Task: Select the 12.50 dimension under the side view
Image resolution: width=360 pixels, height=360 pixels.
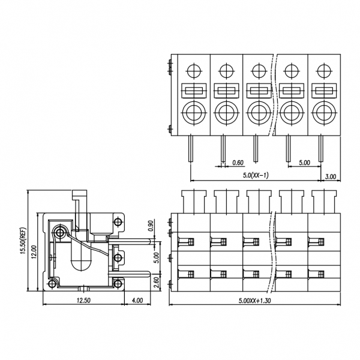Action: [83, 300]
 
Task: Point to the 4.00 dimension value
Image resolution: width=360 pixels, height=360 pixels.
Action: [137, 300]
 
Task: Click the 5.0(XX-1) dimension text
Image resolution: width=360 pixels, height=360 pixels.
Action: [256, 175]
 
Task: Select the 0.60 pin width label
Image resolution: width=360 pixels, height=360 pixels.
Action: [238, 162]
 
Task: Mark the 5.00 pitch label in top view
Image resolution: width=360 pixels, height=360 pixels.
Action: [304, 162]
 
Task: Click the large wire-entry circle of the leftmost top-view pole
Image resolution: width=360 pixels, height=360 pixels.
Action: [194, 112]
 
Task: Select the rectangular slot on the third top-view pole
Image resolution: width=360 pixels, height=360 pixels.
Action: [259, 91]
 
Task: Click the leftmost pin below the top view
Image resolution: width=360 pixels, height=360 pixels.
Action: [191, 148]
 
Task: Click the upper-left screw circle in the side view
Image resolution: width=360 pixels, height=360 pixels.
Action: [61, 232]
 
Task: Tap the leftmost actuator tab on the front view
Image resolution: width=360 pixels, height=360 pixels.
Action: [192, 200]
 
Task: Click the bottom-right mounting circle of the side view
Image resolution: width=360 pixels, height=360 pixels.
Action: [118, 283]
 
